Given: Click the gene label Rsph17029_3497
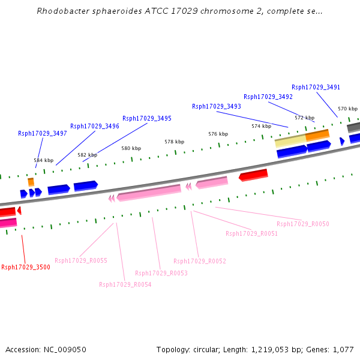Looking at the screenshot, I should point(42,133).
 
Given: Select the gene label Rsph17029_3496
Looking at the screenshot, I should point(94,126).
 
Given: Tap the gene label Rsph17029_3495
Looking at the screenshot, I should point(146,118).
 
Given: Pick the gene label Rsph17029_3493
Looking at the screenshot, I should point(216,106).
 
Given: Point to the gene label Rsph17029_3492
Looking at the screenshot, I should point(268,97).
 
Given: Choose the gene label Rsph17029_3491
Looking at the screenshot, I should point(316,87).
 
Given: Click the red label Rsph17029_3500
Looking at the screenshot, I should point(26,267).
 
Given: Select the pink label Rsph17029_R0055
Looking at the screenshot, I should point(80,260).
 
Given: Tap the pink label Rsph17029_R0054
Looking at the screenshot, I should point(125,284).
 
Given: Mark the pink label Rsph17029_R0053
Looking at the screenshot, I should point(161,273).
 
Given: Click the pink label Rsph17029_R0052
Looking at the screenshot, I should point(199,261).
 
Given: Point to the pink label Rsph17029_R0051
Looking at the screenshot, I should point(251,233).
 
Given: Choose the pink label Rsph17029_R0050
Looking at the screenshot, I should point(302,224).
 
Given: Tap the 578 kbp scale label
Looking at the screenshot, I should point(174,142).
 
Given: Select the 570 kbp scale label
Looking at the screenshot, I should point(347,109).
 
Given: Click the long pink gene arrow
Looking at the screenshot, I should point(149,192).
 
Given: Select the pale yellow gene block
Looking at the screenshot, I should point(290,142).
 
